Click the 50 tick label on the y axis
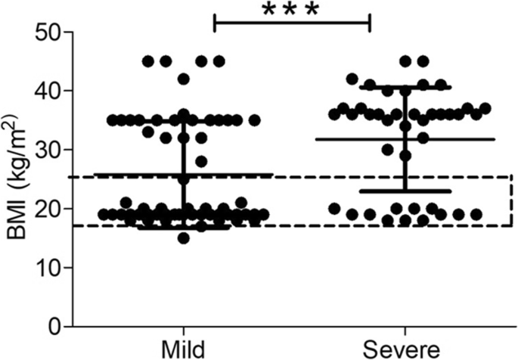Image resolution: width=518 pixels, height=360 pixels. [x=51, y=33]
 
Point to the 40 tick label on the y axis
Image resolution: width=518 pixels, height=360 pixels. [x=51, y=92]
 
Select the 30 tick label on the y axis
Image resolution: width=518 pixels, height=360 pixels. [x=51, y=150]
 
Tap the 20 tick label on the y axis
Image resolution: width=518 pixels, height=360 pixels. [x=51, y=209]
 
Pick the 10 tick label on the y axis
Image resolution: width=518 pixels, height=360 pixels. [x=51, y=268]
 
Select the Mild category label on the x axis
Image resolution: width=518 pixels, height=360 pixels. [x=183, y=349]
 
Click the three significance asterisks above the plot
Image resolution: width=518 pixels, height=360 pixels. [x=291, y=11]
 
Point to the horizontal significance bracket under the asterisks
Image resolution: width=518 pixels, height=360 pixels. [x=292, y=23]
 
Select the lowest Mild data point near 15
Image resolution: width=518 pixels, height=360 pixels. [x=184, y=238]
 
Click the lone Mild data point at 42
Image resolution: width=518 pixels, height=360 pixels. [x=184, y=79]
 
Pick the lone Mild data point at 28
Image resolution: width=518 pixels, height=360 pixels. [x=201, y=161]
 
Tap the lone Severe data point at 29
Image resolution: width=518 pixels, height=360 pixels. [x=405, y=156]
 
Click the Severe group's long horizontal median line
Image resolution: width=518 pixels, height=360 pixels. [x=454, y=139]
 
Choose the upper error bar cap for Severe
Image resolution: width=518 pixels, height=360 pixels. [x=405, y=88]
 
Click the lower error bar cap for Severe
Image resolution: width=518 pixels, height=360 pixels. [x=405, y=191]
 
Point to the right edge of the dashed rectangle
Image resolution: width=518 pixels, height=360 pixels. [x=512, y=200]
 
